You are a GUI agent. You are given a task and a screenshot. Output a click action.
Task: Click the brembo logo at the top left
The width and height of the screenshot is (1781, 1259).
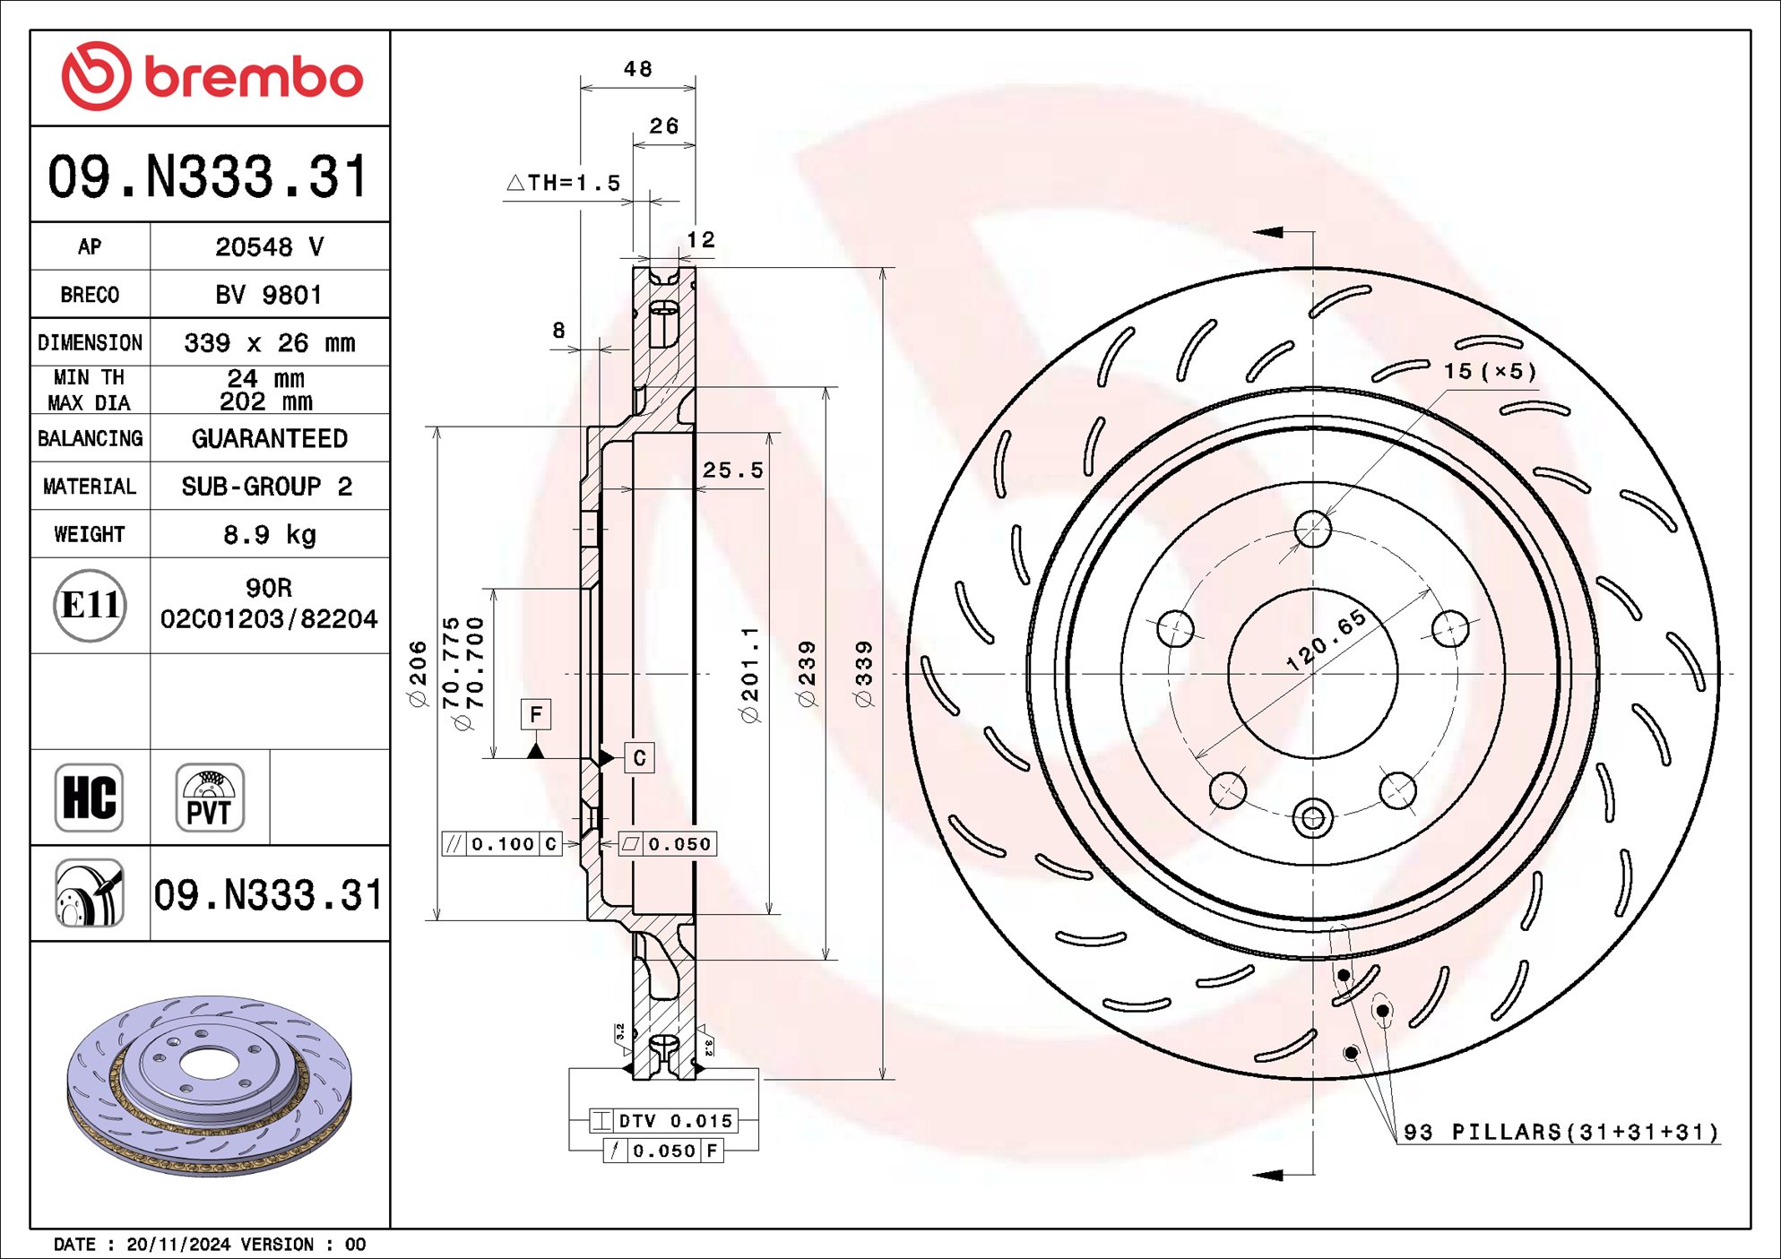(x=212, y=77)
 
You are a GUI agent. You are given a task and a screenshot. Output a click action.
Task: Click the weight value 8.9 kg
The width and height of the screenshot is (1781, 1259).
(x=269, y=535)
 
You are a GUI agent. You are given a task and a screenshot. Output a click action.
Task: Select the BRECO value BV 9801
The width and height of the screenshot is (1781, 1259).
(x=269, y=295)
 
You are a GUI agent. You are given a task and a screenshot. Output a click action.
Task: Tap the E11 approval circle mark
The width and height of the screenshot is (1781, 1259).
(x=90, y=606)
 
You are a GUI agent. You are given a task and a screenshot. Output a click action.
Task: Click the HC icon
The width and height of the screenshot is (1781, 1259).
(x=89, y=798)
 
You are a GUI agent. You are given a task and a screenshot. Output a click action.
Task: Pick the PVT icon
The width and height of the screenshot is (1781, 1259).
(x=210, y=798)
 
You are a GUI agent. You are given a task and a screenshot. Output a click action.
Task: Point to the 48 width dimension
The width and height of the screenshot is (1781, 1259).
(x=637, y=70)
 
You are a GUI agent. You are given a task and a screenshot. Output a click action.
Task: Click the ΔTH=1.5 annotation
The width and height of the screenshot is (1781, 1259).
(x=565, y=184)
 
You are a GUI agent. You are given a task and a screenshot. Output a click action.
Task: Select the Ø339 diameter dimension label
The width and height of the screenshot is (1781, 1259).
(x=864, y=674)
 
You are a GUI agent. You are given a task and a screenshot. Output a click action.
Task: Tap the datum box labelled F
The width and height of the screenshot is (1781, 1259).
(x=536, y=714)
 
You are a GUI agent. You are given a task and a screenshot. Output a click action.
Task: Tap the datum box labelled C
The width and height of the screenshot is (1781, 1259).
(x=639, y=758)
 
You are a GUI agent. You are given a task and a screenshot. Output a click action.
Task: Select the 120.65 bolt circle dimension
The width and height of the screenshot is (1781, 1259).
(x=1326, y=640)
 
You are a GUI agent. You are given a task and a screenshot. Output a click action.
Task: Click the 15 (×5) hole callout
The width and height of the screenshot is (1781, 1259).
(x=1489, y=371)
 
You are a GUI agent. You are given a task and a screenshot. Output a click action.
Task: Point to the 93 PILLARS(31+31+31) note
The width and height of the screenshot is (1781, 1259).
(x=1561, y=1132)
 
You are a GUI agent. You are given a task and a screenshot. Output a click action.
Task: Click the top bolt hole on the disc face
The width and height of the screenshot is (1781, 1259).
(x=1312, y=529)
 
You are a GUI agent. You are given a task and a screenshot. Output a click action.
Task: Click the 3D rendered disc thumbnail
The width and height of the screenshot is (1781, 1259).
(x=210, y=1084)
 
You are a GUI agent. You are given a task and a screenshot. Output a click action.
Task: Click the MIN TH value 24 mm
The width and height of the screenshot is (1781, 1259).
(x=266, y=378)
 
